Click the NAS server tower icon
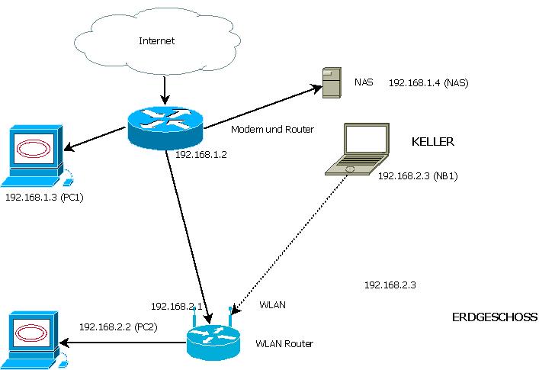(x=330, y=82)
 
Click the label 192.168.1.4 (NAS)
(x=428, y=82)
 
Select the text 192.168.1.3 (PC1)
(x=43, y=197)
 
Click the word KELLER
(x=433, y=142)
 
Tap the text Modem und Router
(x=272, y=129)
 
